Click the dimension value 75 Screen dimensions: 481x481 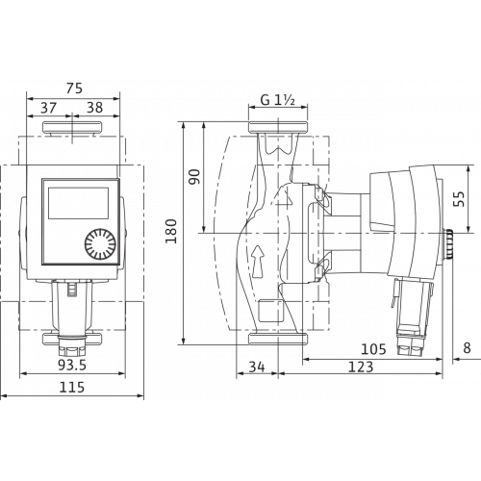(x=74, y=89)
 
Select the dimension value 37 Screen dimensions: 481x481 (x=49, y=108)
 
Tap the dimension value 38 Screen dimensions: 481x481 (x=95, y=108)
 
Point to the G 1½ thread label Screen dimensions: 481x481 (x=278, y=100)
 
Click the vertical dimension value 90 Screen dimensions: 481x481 (x=194, y=176)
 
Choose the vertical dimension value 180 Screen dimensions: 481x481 (x=171, y=231)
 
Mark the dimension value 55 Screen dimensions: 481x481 (x=460, y=199)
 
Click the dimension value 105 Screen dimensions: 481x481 (x=373, y=349)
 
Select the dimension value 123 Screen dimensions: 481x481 (x=361, y=367)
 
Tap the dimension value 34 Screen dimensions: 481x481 (x=257, y=367)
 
